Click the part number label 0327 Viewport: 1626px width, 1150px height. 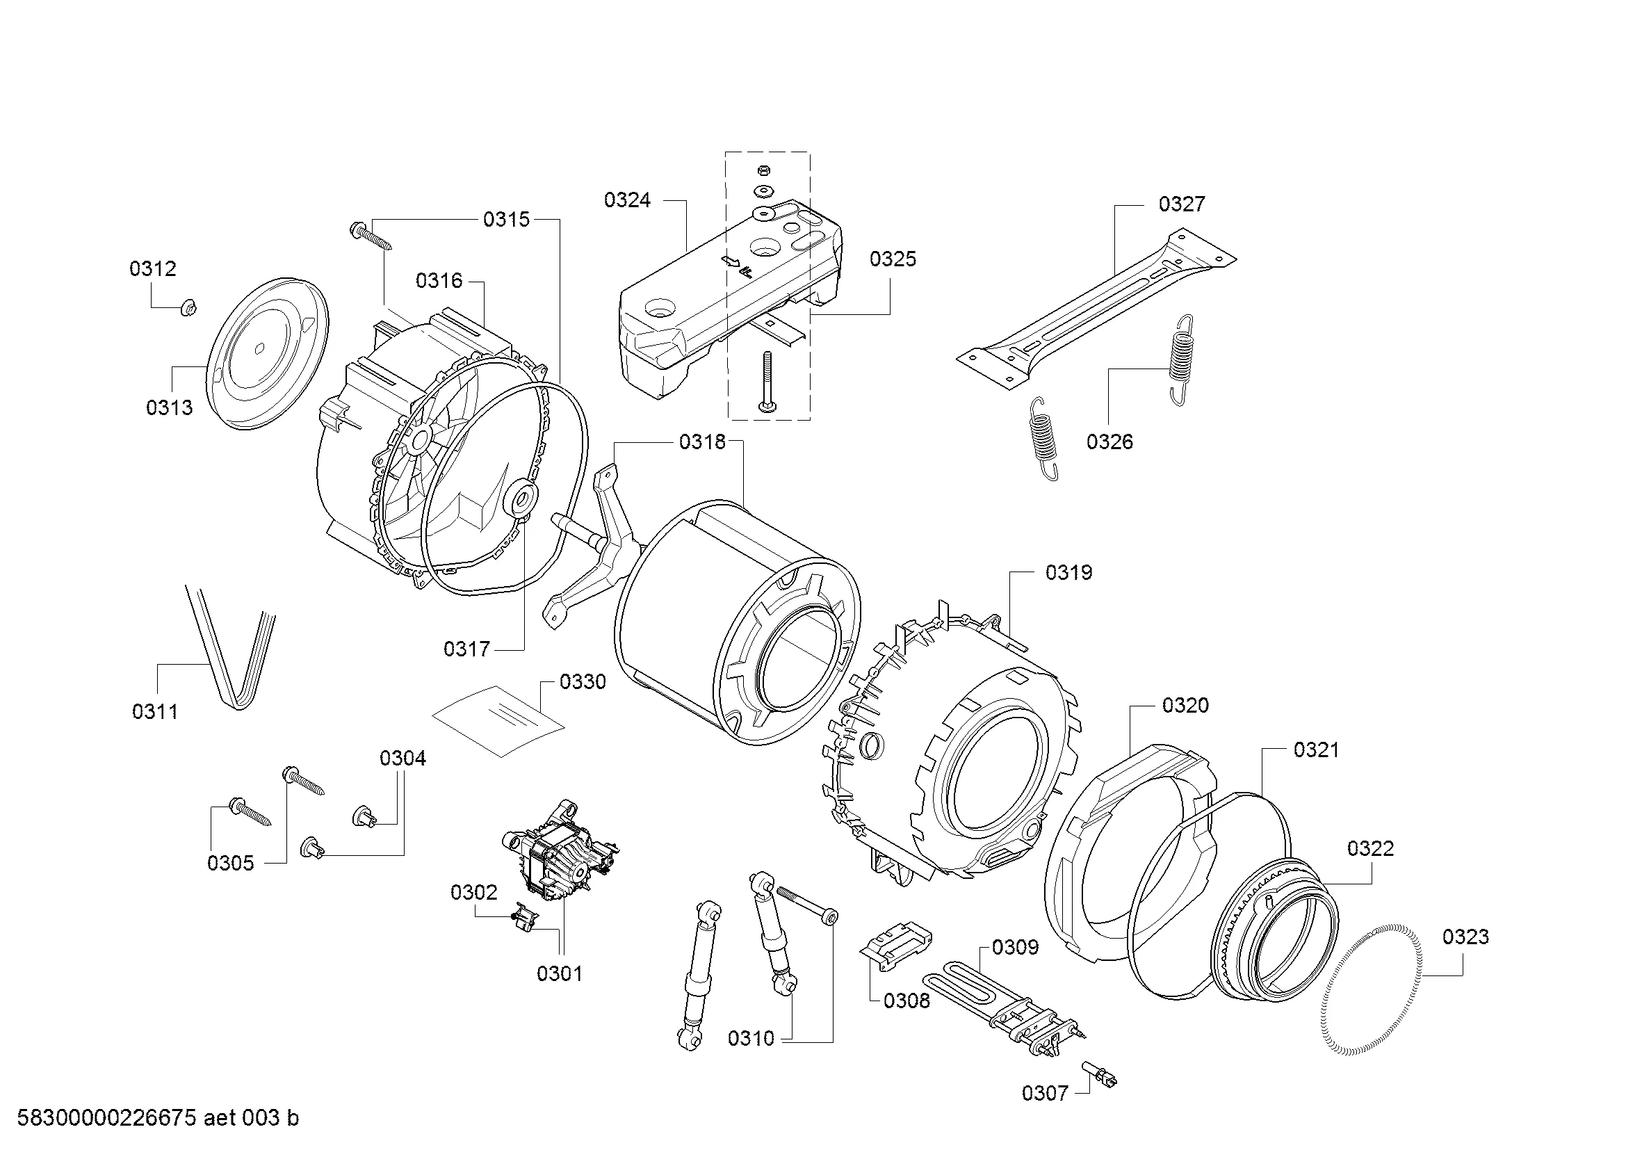coord(1181,204)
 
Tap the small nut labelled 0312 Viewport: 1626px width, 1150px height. coord(188,307)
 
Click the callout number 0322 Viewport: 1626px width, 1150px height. coord(1370,848)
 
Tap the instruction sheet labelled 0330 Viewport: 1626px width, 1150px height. coord(500,721)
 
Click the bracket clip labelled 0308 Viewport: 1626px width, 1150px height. coord(897,944)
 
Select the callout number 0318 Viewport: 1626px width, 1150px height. coord(703,442)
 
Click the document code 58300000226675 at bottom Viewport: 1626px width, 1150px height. coord(106,1118)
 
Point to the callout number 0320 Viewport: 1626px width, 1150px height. coord(1185,705)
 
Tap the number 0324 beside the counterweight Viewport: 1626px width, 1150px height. coord(628,200)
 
